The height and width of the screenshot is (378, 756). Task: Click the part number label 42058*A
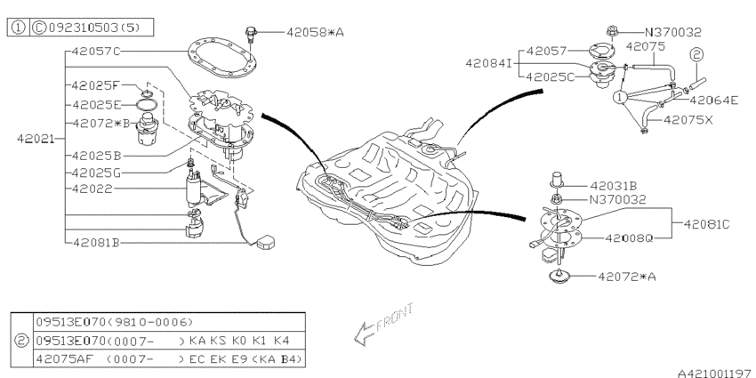315,32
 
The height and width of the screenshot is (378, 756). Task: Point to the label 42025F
96,86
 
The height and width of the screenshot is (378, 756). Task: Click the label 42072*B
101,122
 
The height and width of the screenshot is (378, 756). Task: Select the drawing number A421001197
709,366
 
